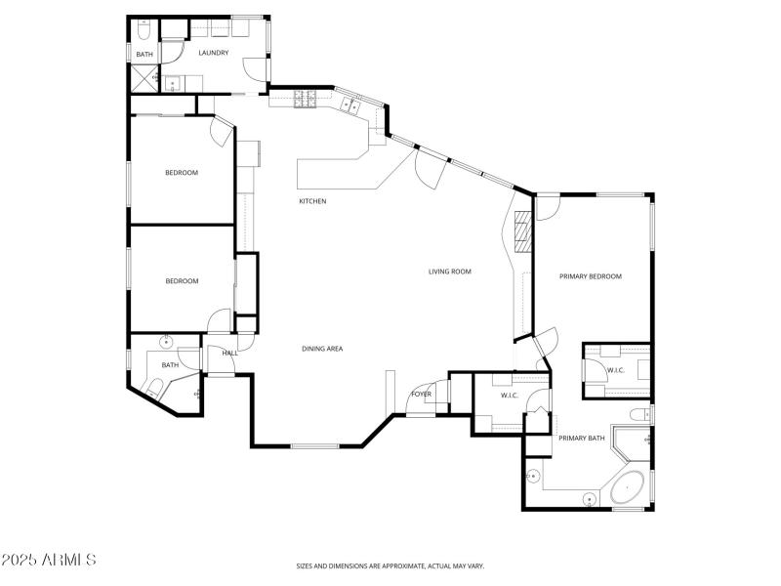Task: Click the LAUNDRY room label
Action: [213, 53]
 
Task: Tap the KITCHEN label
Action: [312, 201]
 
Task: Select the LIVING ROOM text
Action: [450, 272]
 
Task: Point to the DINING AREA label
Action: [322, 349]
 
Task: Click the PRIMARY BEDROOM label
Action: [590, 276]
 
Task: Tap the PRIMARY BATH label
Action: [582, 439]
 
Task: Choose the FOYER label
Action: [421, 395]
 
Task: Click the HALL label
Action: [229, 354]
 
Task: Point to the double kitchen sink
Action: [349, 106]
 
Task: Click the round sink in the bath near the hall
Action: [166, 342]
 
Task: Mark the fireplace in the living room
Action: [522, 231]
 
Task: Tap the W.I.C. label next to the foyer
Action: [509, 396]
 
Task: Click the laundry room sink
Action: [171, 84]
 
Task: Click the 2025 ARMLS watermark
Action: [49, 561]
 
